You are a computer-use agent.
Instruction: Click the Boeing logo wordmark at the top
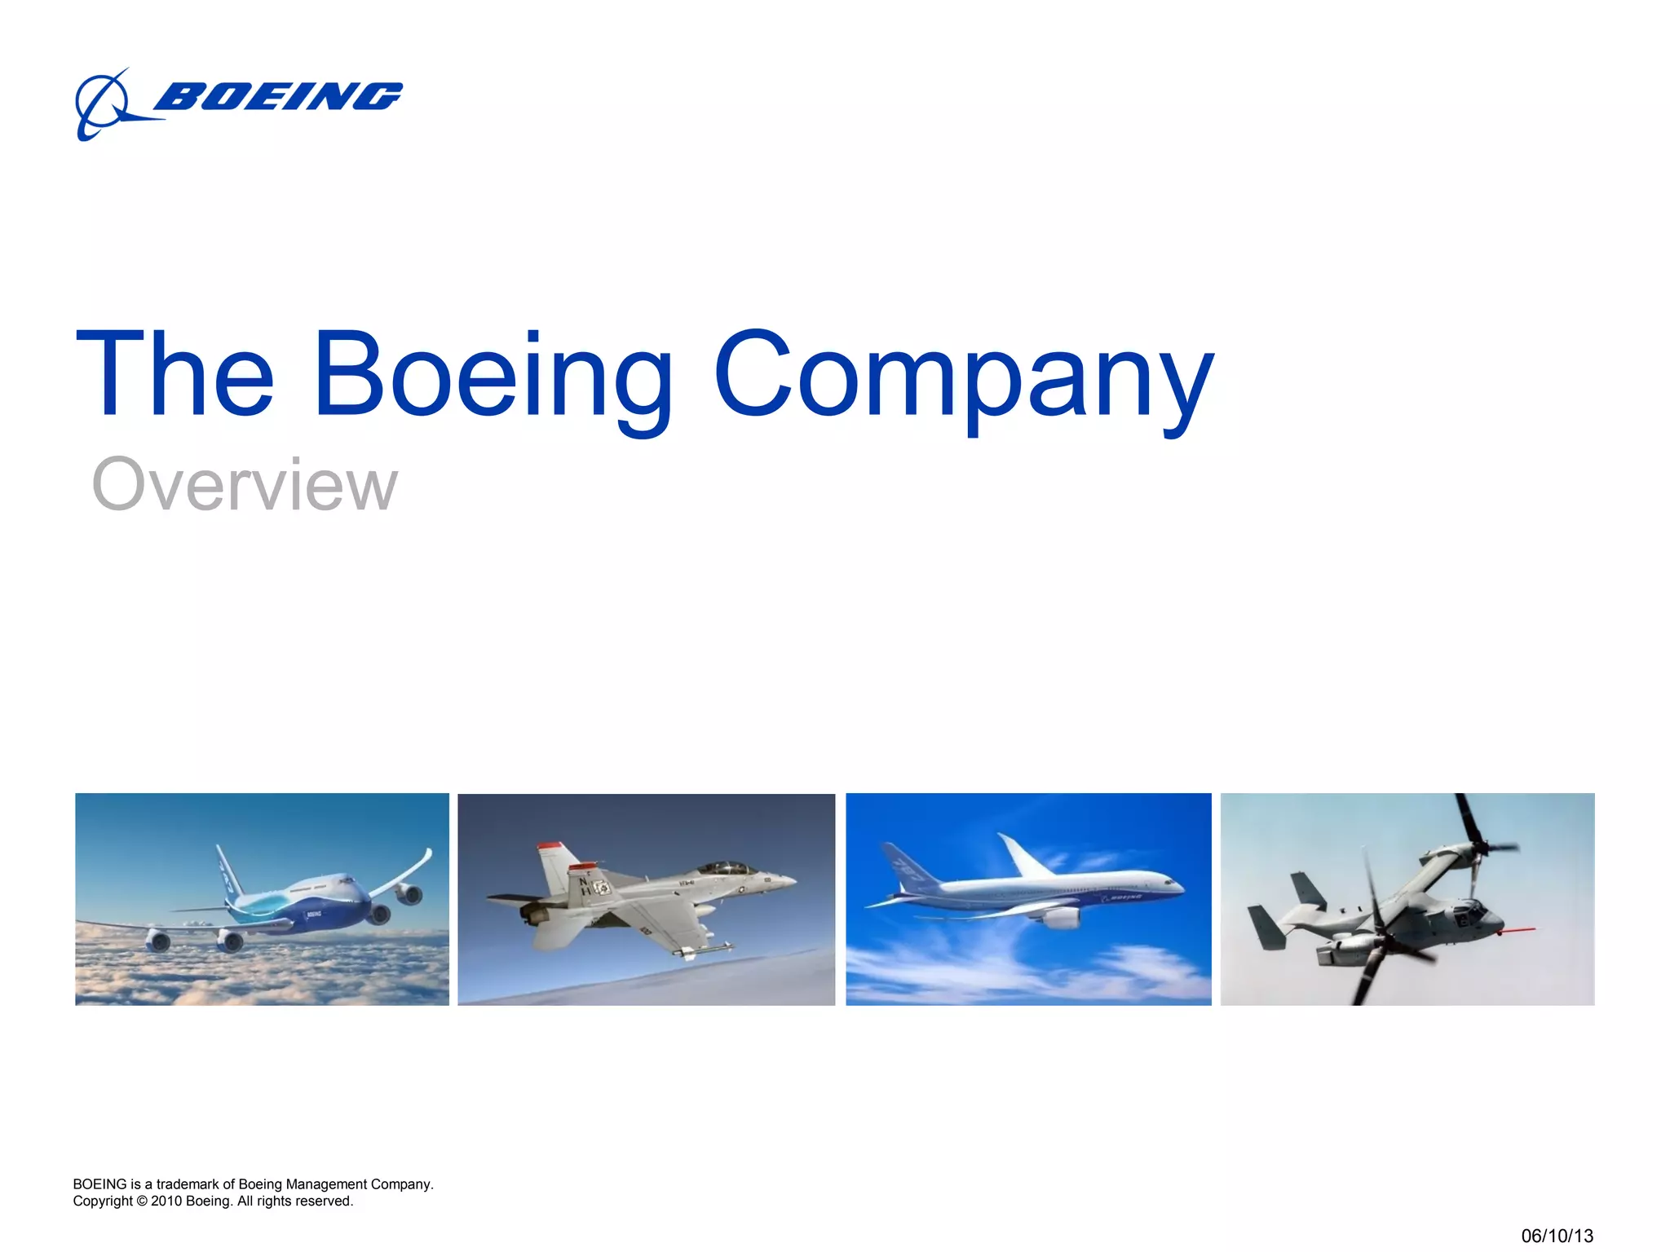click(277, 96)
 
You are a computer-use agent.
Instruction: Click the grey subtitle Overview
click(245, 484)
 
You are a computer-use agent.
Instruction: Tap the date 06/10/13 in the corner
click(1557, 1236)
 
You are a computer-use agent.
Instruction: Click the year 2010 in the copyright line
click(166, 1201)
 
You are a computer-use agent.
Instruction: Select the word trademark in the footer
click(187, 1184)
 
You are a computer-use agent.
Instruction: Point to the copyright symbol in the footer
click(142, 1201)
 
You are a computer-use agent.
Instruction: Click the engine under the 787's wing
click(1060, 918)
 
